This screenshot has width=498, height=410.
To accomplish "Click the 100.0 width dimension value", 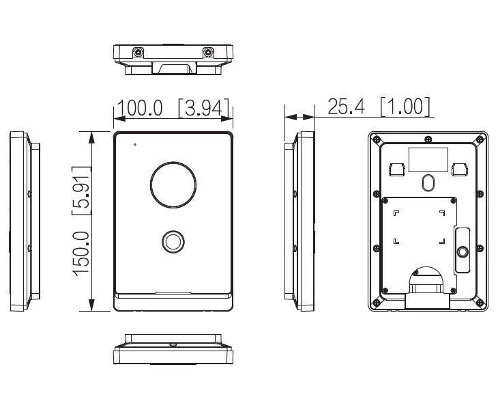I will (x=140, y=108).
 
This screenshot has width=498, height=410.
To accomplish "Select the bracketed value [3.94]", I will (x=203, y=108).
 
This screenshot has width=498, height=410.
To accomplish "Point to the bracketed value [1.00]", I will (x=405, y=106).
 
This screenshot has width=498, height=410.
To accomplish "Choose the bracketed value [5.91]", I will (x=83, y=189).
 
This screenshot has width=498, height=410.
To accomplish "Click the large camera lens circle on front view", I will (x=173, y=185).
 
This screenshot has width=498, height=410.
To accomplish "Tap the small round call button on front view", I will (x=173, y=241).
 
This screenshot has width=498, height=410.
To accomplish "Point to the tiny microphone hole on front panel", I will (x=135, y=144).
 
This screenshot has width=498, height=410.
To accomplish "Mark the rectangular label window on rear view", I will (x=428, y=159).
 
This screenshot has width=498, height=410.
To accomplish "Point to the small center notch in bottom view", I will (x=173, y=344).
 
